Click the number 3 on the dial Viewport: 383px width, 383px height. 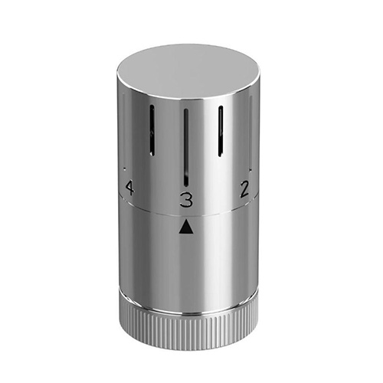(186, 200)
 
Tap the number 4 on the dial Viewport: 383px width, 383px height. (129, 188)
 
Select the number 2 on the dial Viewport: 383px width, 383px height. (244, 189)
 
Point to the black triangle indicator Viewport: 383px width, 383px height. (186, 227)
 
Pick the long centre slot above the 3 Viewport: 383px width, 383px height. (186, 147)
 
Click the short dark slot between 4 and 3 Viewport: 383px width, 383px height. (152, 130)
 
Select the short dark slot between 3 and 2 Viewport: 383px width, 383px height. (221, 131)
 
